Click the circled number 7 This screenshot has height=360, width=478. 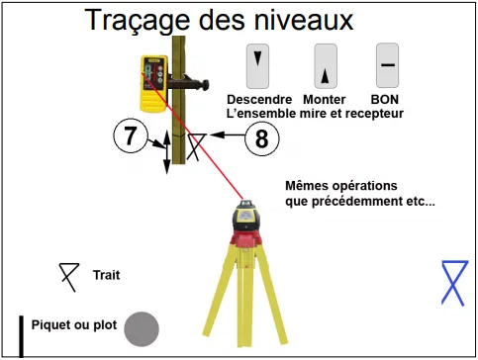pos(131,135)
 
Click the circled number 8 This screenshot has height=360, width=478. pos(262,138)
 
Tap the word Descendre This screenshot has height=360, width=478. pos(259,99)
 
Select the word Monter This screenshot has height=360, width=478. pos(325,99)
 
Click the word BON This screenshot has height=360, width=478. pos(385,99)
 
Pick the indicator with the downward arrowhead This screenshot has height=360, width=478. pos(257,66)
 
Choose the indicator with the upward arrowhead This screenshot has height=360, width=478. pos(326,66)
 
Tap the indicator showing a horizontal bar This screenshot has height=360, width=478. pos(388,65)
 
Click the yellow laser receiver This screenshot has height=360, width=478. pos(153,83)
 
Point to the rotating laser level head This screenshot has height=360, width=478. pos(245,216)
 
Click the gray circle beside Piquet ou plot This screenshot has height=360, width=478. pos(142,329)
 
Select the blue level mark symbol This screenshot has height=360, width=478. pos(454,283)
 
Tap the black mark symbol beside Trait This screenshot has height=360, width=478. pos(69,277)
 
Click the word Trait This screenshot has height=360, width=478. pos(106,275)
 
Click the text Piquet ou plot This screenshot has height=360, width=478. pos(74,325)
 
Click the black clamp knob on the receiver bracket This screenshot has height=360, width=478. pos(206,85)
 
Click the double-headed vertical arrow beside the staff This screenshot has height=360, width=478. pos(167,151)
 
